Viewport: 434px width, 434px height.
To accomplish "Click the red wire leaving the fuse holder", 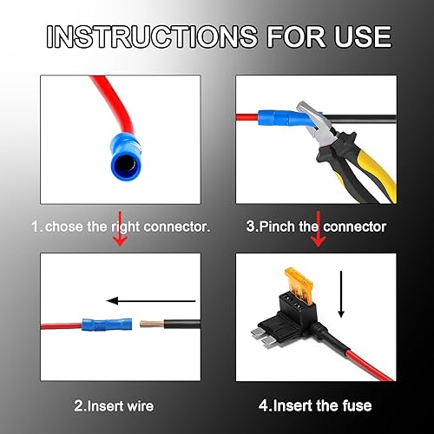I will pos(356,360).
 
